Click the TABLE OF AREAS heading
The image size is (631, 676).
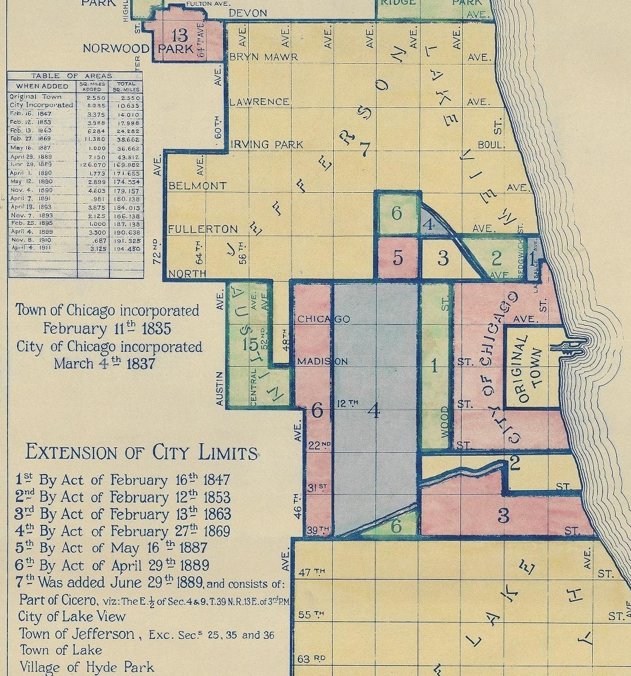[x=71, y=75]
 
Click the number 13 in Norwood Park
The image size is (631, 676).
[x=179, y=36]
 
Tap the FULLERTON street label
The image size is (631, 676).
[x=203, y=229]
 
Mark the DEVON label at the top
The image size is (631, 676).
[x=248, y=13]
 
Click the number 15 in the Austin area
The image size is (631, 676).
[x=250, y=345]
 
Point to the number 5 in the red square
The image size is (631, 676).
[x=398, y=258]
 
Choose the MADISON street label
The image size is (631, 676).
[x=322, y=362]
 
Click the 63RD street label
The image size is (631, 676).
[x=312, y=659]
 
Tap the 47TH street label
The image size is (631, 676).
[x=312, y=572]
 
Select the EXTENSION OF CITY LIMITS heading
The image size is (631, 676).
[x=141, y=452]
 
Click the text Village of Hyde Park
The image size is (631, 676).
[x=87, y=667]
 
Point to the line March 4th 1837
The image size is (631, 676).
[x=104, y=363]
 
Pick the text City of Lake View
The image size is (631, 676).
[x=72, y=617]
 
